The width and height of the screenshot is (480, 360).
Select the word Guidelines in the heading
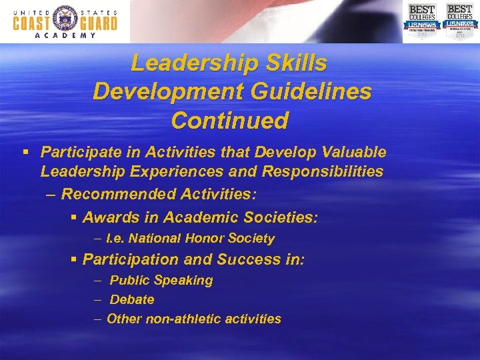pos(317,92)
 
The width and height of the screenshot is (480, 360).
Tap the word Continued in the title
pos(230,121)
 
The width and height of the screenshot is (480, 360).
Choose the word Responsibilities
pos(323,171)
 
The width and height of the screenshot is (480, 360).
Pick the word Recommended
pos(119,194)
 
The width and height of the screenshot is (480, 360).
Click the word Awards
pos(107,217)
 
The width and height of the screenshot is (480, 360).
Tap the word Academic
pos(196,217)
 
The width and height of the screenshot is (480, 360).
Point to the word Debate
pos(132,300)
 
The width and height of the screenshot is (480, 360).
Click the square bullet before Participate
pos(26,152)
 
